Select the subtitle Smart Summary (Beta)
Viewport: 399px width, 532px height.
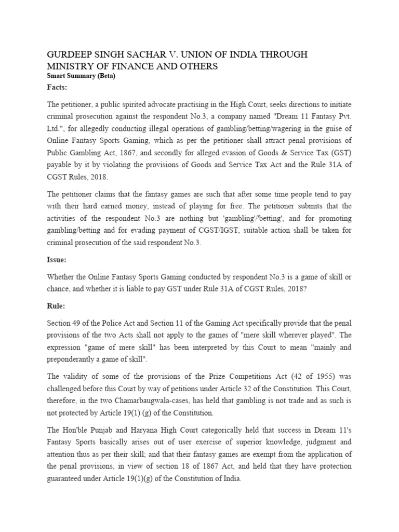tap(81, 76)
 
